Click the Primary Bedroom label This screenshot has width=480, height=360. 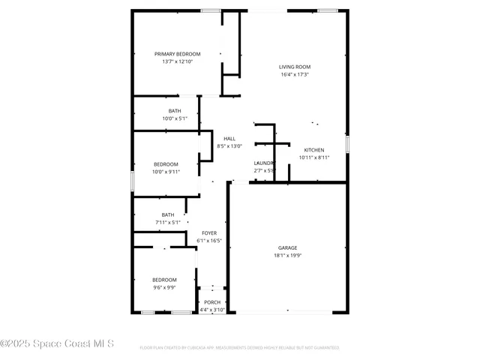(178, 54)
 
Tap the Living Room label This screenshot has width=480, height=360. (295, 67)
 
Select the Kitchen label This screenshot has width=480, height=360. (314, 150)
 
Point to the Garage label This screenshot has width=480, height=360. (288, 247)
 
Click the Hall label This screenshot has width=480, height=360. (229, 139)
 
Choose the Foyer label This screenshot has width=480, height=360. (209, 233)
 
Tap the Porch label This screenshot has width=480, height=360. (213, 302)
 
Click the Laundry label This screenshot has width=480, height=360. (264, 163)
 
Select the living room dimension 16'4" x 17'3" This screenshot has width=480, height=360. (295, 74)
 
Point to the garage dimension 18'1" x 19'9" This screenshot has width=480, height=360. (288, 256)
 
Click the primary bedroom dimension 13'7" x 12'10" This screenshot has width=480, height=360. (178, 61)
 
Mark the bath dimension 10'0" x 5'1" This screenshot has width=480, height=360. (174, 118)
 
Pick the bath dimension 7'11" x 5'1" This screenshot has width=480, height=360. (168, 222)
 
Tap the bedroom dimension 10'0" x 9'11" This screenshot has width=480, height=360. (166, 172)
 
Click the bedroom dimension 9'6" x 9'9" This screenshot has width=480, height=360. (164, 287)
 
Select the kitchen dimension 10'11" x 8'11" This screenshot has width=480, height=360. (314, 157)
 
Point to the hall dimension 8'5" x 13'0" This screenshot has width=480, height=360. (229, 146)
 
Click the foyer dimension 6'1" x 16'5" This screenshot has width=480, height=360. (209, 241)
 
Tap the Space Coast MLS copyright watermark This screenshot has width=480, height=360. (57, 343)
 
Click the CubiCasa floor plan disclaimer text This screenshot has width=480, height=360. (239, 348)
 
